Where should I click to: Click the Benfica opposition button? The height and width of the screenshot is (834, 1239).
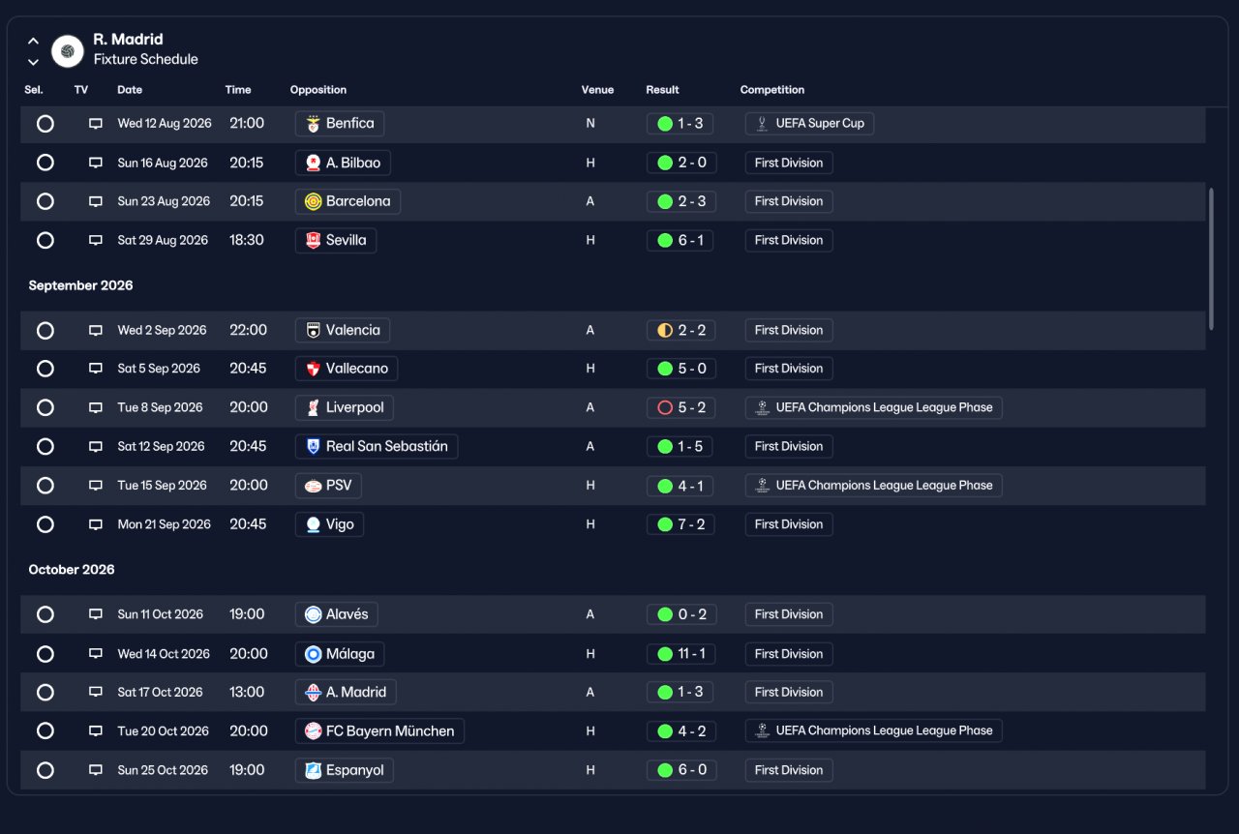(340, 123)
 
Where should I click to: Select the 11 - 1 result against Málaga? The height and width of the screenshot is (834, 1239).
(680, 654)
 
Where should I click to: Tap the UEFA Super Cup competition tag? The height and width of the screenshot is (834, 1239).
(809, 123)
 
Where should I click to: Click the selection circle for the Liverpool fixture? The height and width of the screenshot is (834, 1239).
(45, 407)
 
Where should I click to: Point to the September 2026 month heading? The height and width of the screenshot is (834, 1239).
(80, 285)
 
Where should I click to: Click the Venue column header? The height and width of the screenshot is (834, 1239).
(597, 90)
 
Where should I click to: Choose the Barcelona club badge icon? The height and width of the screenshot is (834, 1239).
(313, 201)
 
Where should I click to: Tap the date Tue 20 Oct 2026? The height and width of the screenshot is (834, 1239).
(164, 730)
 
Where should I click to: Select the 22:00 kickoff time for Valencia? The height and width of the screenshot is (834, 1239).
(249, 330)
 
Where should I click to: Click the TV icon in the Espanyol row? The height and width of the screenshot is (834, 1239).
(96, 770)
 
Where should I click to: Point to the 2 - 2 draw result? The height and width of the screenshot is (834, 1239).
(680, 330)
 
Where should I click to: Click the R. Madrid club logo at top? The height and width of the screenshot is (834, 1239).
(68, 51)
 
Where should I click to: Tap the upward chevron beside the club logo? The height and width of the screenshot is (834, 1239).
(33, 41)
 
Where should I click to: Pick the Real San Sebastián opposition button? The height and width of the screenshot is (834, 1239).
(377, 446)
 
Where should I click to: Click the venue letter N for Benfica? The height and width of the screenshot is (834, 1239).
(590, 123)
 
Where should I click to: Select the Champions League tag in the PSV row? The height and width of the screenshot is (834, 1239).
(873, 486)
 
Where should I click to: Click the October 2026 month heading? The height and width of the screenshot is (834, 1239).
(72, 570)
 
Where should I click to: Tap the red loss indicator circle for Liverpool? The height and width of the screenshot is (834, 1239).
(665, 407)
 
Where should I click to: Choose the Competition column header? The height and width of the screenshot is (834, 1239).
(772, 90)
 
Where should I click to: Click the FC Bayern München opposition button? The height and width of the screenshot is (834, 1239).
(379, 731)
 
